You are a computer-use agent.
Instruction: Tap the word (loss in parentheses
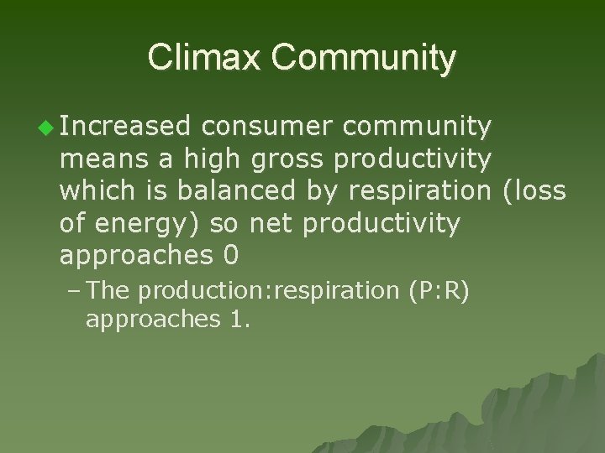pyautogui.click(x=534, y=190)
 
